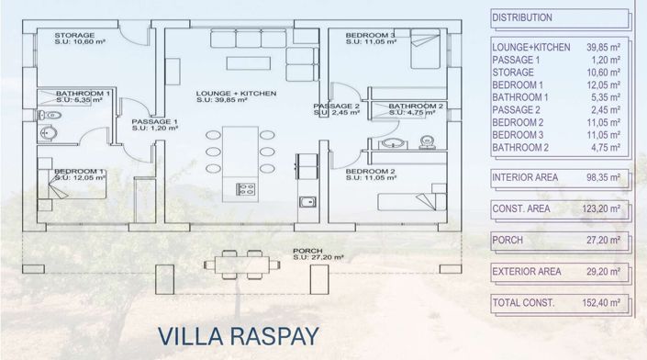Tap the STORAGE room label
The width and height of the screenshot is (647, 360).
[62, 36]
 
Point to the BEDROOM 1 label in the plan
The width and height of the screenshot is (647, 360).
[79, 172]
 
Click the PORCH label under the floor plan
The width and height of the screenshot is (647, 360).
[308, 251]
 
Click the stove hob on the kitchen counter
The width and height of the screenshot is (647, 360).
[245, 190]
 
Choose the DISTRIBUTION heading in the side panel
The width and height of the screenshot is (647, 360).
[522, 17]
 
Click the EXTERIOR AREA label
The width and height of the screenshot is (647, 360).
[527, 272]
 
